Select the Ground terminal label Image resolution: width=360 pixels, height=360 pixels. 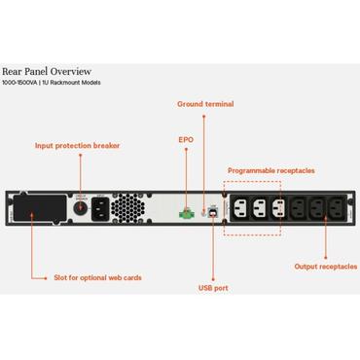[205, 103]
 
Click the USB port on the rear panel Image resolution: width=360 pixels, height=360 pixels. [211, 208]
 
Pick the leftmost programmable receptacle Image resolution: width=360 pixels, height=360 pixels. [238, 207]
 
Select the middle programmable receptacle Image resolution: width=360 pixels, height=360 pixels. [258, 207]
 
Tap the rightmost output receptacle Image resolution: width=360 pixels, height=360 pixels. [338, 207]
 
